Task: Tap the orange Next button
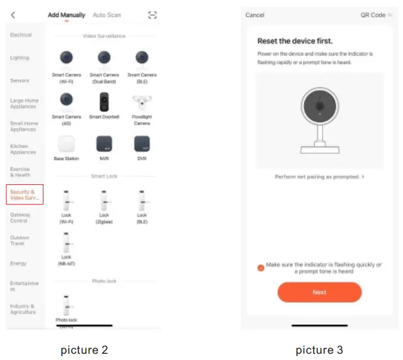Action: (x=319, y=292)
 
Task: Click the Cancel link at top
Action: (x=255, y=15)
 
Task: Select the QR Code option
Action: (x=376, y=15)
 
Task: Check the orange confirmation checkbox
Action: (x=261, y=268)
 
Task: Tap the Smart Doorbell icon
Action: (x=104, y=102)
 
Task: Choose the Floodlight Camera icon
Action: (x=142, y=102)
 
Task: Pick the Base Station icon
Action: (x=66, y=144)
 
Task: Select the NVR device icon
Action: (x=104, y=144)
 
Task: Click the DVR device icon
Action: (x=142, y=144)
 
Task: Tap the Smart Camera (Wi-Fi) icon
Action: (x=66, y=58)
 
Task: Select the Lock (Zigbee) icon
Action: (x=104, y=200)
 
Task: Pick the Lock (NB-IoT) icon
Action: (x=66, y=242)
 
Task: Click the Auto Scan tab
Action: (x=106, y=15)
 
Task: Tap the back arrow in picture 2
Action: (x=13, y=15)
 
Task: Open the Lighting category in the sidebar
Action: (x=20, y=58)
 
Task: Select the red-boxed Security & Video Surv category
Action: (x=24, y=195)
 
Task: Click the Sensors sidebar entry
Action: (x=20, y=81)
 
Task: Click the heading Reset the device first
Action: (x=295, y=41)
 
